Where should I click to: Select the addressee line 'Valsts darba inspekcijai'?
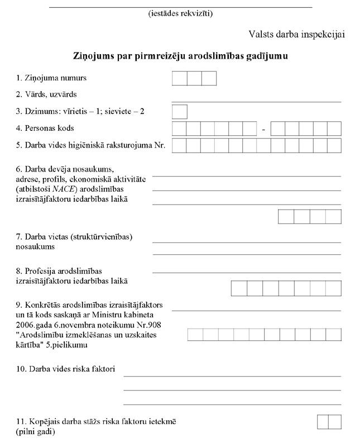click(x=297, y=35)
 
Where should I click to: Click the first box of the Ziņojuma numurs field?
click(x=179, y=78)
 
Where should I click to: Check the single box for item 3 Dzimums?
click(x=179, y=112)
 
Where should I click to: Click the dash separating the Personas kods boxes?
click(x=263, y=130)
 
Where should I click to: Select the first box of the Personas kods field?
click(x=179, y=129)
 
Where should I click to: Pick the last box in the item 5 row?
click(x=334, y=146)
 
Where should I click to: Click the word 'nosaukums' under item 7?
click(x=36, y=246)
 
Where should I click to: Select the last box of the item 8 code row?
click(x=333, y=288)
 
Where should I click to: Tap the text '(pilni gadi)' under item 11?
click(x=36, y=432)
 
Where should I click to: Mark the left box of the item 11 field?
click(x=322, y=422)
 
